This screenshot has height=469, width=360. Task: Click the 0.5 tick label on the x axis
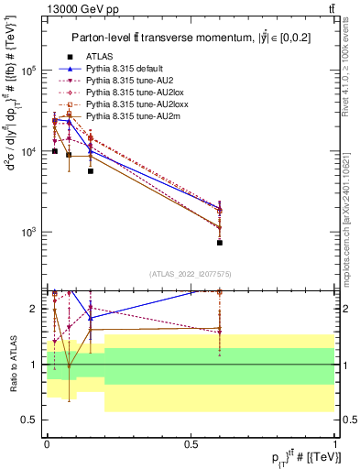click(191, 444)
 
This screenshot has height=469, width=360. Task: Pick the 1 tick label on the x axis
click(334, 444)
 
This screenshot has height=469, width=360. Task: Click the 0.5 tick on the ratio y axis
click(29, 420)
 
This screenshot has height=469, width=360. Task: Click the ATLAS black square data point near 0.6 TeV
click(220, 243)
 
